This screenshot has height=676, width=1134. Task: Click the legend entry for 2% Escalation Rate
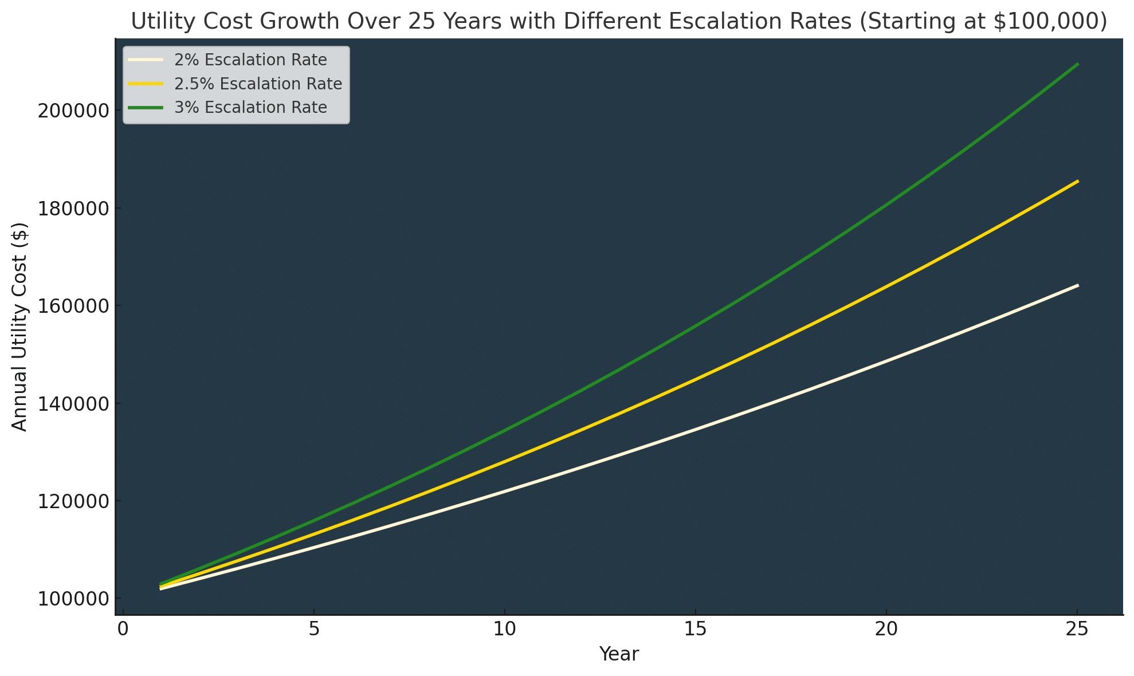[x=250, y=60]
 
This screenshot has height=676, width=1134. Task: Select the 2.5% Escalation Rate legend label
[x=258, y=84]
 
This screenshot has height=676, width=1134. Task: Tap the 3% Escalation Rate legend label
[x=250, y=108]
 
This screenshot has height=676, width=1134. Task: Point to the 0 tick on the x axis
[x=123, y=629]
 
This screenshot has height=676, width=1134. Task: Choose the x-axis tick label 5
[x=313, y=629]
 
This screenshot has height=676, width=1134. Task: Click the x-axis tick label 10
[x=504, y=629]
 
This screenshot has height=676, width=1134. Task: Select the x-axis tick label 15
[x=695, y=629]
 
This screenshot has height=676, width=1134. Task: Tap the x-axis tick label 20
[x=886, y=629]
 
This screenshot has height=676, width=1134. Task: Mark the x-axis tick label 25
[x=1077, y=629]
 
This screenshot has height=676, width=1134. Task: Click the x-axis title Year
[x=619, y=654]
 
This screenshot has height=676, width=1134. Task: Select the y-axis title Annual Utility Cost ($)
[x=20, y=327]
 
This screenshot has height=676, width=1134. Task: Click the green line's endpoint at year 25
[x=1078, y=64]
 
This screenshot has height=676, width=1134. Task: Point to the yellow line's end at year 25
[x=1078, y=181]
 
